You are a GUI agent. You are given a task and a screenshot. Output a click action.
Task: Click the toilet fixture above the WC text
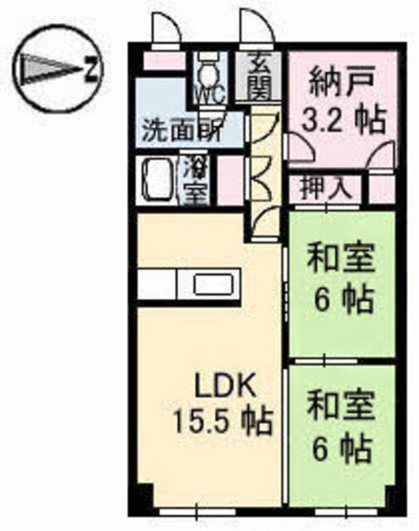[206, 66]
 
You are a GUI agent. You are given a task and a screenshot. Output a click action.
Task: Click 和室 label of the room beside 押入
[340, 260]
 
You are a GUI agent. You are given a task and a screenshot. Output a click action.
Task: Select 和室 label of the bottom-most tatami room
[340, 409]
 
